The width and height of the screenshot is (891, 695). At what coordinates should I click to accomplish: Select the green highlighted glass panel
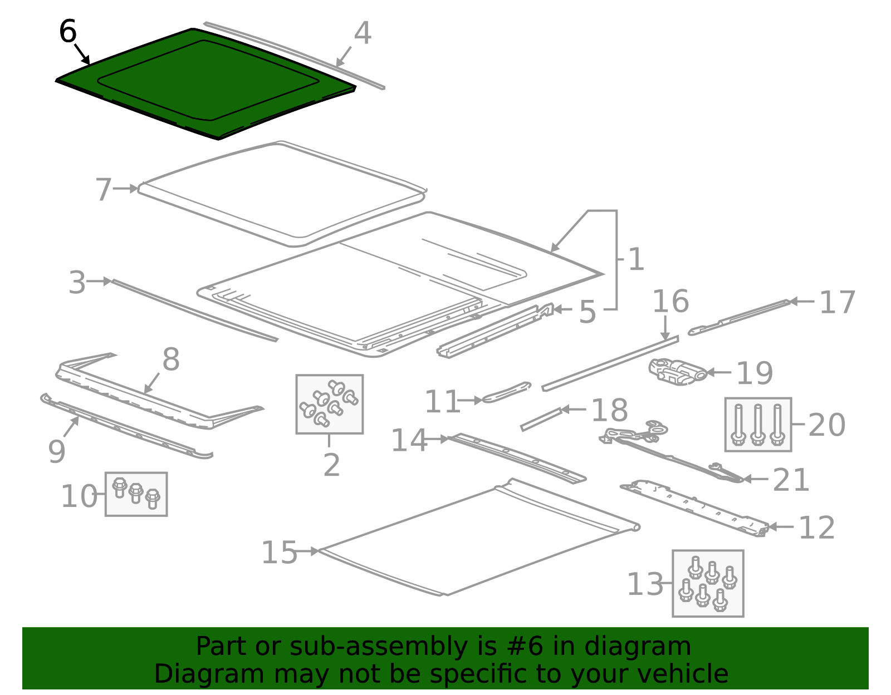[206, 83]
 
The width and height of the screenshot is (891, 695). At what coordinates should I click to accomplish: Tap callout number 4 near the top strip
[363, 33]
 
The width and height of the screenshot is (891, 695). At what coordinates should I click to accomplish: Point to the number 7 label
[104, 190]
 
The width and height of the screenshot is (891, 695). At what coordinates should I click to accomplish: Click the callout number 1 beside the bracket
[635, 259]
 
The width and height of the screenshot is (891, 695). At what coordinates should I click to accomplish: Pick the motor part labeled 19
[677, 372]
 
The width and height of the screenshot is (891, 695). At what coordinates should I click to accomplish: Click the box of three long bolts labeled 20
[757, 424]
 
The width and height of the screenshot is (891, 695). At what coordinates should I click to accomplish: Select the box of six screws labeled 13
[707, 583]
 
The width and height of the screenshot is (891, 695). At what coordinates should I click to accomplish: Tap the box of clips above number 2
[329, 404]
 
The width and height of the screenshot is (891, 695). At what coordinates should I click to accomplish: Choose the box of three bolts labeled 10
[136, 494]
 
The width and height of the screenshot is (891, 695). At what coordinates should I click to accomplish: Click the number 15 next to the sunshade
[280, 553]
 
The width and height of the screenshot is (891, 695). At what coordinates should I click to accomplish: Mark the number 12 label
[817, 528]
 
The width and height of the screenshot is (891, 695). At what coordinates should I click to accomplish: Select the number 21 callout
[791, 480]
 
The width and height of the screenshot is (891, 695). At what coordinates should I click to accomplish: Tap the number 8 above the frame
[171, 359]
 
